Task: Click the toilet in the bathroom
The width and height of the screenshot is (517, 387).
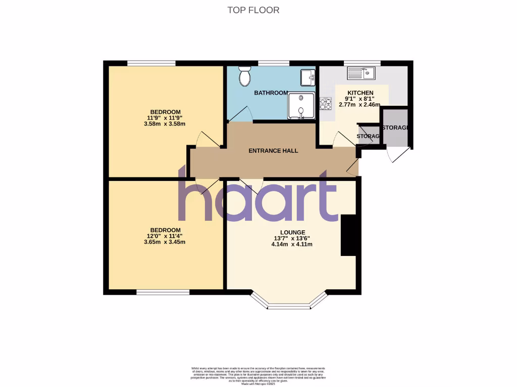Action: [x=245, y=77]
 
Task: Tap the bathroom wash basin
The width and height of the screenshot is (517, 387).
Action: [x=307, y=77]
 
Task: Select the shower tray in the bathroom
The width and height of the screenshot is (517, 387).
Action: [x=301, y=106]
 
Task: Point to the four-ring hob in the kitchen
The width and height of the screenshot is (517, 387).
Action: [x=326, y=104]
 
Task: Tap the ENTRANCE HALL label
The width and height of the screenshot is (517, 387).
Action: [x=273, y=151]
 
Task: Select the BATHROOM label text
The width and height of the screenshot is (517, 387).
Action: [x=271, y=93]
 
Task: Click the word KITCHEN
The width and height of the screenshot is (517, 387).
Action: [x=360, y=93]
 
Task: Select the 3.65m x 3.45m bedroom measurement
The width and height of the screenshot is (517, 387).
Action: [x=165, y=242]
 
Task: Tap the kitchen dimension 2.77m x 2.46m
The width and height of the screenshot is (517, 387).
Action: [x=360, y=105]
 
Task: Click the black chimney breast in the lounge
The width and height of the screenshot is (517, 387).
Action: [x=347, y=235]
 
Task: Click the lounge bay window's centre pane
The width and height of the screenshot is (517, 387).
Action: [x=289, y=306]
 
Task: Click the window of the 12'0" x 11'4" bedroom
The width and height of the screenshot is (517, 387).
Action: [x=163, y=292]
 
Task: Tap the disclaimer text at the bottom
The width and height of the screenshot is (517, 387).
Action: [x=258, y=375]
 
